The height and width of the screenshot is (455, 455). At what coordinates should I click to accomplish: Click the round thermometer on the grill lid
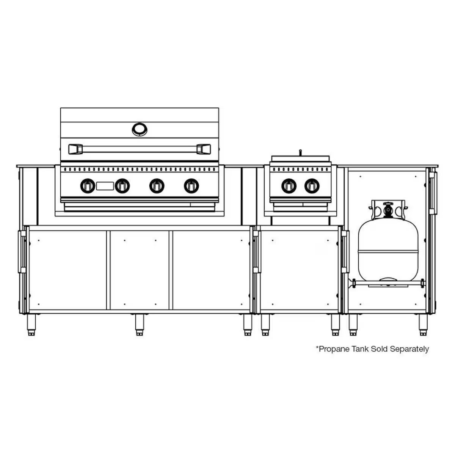140,129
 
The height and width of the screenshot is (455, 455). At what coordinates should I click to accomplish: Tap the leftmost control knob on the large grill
88,186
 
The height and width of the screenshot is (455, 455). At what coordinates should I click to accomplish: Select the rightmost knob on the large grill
191,186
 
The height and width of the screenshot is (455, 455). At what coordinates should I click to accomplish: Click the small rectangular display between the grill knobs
105,186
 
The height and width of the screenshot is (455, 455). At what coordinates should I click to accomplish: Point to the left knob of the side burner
289,186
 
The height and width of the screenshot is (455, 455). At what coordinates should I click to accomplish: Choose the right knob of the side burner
312,186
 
